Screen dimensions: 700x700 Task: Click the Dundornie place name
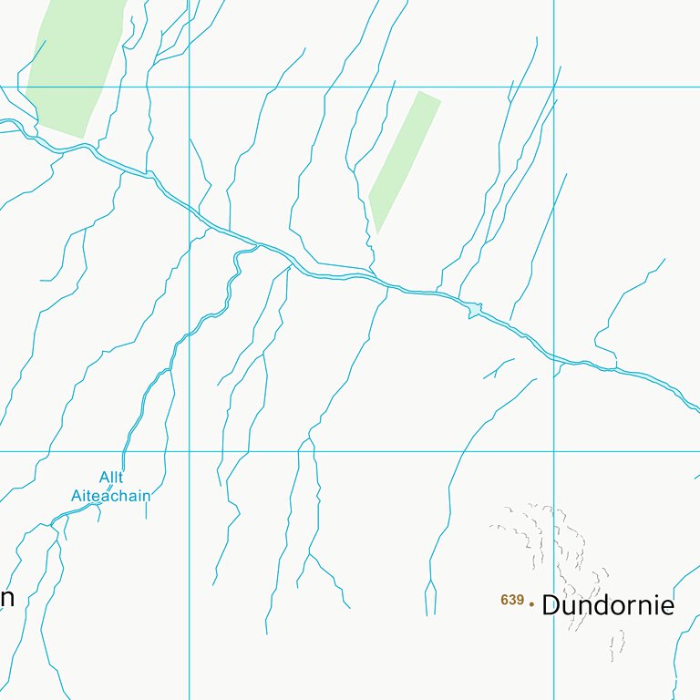608,605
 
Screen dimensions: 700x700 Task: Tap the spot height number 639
512,600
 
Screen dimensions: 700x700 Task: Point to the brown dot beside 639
531,602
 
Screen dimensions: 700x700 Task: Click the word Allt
111,478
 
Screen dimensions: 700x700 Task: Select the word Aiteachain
110,496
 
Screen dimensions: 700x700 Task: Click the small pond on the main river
472,311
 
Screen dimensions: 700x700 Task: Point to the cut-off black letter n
6,598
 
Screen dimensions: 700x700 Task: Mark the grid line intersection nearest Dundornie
553,450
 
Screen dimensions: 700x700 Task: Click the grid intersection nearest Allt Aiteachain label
189,450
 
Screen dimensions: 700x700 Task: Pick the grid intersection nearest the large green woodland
189,87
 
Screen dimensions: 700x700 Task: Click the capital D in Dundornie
551,605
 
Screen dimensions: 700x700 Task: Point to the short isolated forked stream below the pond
499,367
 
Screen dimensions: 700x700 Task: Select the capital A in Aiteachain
77,496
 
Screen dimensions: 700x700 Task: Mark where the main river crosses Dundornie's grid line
553,356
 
